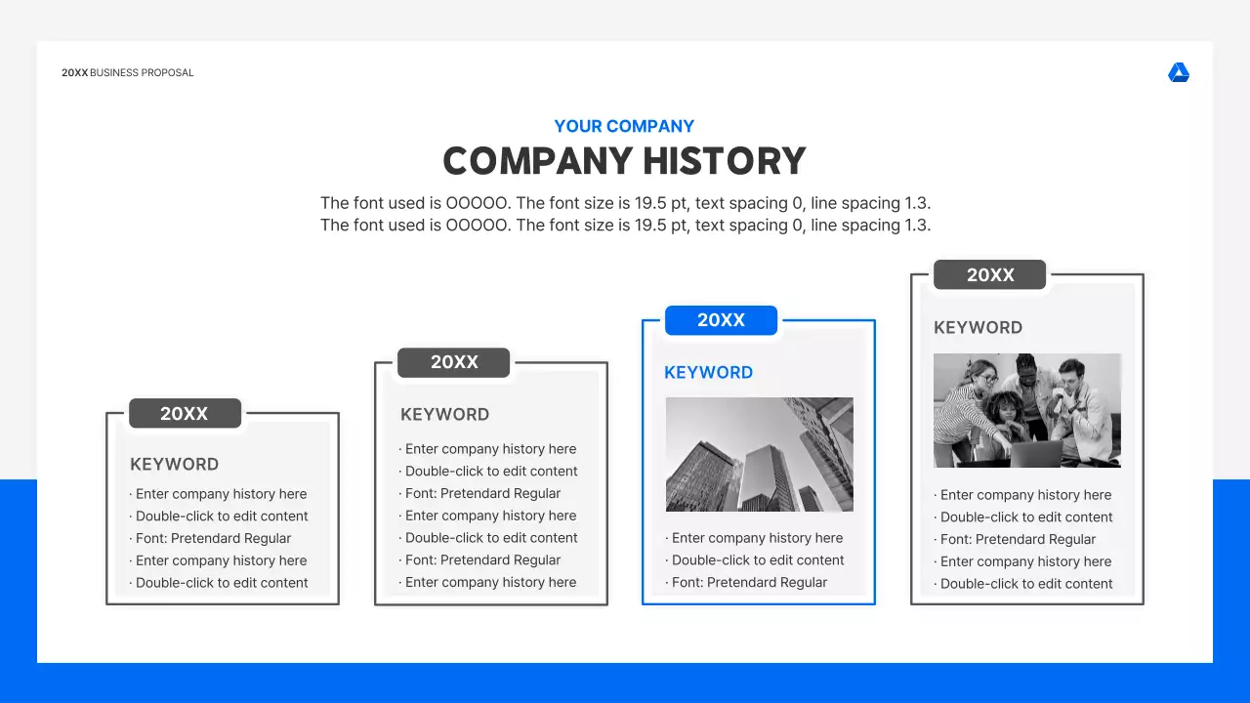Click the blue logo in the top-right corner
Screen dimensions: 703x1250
click(x=1179, y=73)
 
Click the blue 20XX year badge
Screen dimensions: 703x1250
click(x=721, y=320)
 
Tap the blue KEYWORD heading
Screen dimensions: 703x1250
click(x=708, y=372)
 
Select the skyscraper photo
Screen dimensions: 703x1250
click(x=759, y=454)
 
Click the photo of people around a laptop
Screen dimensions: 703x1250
click(x=1026, y=410)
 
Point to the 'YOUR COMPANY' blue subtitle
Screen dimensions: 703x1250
click(x=624, y=126)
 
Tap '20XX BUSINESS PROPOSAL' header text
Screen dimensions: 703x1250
click(x=128, y=73)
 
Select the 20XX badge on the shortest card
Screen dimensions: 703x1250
click(x=185, y=413)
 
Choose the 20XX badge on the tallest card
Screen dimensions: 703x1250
click(x=989, y=275)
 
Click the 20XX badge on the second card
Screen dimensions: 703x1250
click(x=453, y=362)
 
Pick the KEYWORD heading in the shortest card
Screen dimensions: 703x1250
click(x=174, y=464)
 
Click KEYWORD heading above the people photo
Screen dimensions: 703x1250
click(x=978, y=327)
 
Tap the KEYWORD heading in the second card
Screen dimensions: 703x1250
click(x=444, y=414)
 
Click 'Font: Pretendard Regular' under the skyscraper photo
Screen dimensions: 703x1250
click(x=749, y=582)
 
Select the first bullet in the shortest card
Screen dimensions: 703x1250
click(x=221, y=494)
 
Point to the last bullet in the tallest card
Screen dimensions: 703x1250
click(x=1025, y=584)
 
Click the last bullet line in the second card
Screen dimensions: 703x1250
click(x=490, y=582)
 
